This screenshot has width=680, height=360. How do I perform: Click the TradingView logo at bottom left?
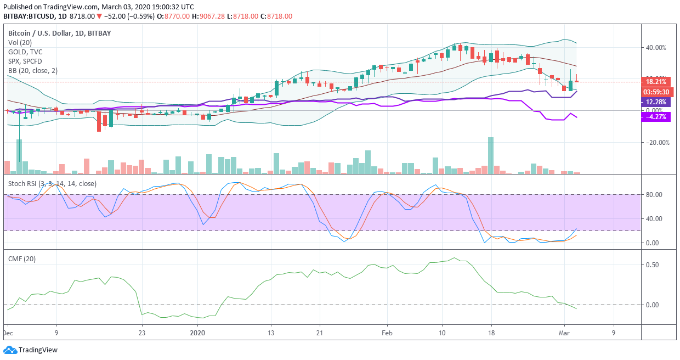[31, 350]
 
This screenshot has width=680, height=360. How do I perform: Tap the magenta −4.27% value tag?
[656, 116]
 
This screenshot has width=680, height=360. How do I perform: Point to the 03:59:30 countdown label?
[656, 92]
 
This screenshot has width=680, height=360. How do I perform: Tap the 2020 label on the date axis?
[197, 333]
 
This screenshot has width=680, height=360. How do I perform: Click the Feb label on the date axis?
[387, 333]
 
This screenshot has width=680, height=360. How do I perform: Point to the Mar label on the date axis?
[565, 333]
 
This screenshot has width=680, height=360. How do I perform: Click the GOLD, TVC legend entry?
[25, 52]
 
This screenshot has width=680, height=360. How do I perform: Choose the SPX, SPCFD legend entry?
[25, 61]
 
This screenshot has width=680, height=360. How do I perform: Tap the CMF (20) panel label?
[22, 259]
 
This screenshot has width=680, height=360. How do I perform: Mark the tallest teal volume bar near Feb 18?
[491, 155]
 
